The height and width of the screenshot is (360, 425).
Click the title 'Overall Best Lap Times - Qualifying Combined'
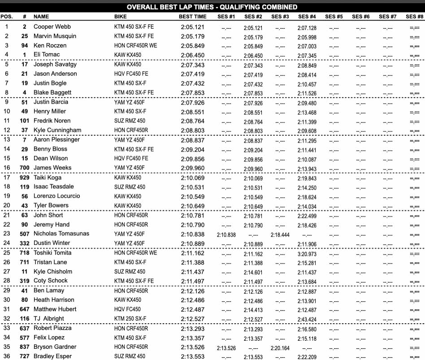coord(212,7)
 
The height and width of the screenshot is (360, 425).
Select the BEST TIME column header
coord(193,17)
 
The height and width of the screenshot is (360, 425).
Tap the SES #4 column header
coord(307,17)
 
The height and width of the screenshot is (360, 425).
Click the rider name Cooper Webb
coord(52,26)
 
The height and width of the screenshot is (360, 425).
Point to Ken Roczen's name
coord(50,45)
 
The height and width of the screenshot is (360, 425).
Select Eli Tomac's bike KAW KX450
coord(128,55)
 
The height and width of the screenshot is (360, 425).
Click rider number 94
coord(25,45)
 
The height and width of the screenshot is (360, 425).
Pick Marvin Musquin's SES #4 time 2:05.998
coord(307,36)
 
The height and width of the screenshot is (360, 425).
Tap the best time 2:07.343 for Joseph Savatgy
coord(193,65)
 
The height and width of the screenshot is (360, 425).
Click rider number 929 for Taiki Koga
coord(24,178)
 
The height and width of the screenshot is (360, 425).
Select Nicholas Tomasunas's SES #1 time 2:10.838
coord(226,234)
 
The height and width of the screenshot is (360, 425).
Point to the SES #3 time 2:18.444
coord(280,234)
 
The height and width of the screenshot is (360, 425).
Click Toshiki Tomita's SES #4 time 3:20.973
coord(307,253)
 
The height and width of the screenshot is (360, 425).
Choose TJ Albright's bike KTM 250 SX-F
coord(130,319)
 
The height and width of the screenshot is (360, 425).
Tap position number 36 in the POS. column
coord(7,356)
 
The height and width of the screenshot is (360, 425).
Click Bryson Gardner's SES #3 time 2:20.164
coord(280,347)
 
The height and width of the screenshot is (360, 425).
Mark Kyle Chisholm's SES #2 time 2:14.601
coord(253,272)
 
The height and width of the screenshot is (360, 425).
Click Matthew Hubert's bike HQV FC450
coord(128,309)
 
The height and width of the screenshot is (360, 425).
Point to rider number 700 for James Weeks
coord(24,168)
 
